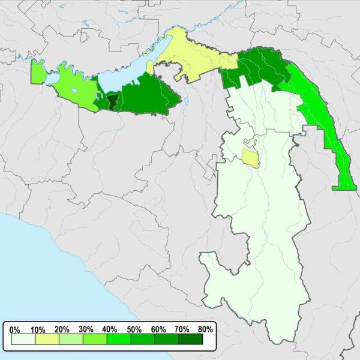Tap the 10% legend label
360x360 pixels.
[38, 329]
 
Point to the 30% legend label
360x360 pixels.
[86, 329]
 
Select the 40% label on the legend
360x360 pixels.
[109, 329]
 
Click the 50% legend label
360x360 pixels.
[133, 329]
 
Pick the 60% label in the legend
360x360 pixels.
[157, 329]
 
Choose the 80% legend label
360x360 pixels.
[205, 329]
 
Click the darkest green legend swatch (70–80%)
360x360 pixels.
[191, 340]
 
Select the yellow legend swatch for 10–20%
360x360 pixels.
[47, 340]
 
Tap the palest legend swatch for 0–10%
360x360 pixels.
[23, 340]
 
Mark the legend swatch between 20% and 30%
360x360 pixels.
[71, 340]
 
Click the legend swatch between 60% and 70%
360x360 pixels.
[167, 340]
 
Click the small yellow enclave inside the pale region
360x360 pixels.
[250, 158]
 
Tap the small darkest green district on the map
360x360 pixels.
[112, 102]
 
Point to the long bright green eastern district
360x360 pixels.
[321, 120]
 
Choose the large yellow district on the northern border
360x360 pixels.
[192, 57]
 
